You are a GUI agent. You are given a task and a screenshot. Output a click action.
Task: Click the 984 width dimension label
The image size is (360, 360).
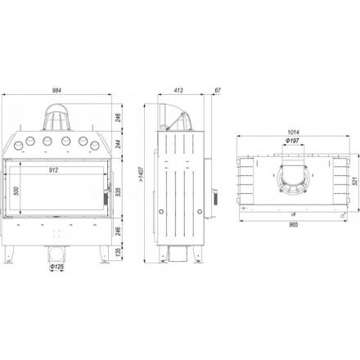[x=56, y=90]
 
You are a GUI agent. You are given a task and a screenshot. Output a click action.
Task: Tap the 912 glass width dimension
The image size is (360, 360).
[x=53, y=170]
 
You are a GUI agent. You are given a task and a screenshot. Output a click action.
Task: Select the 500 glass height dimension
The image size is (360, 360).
[x=16, y=191]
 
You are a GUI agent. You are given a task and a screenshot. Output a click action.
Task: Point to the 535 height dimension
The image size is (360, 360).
[x=118, y=192]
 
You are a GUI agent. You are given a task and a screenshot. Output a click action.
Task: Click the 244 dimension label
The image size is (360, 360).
[x=118, y=144]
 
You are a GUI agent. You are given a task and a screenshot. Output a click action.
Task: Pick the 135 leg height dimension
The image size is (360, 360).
[x=118, y=253]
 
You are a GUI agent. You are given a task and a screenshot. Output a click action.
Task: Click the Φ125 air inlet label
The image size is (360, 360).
[x=56, y=267]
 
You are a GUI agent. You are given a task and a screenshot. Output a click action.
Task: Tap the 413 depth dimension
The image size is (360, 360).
[x=178, y=90]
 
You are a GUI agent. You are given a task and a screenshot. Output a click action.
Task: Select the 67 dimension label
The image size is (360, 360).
[x=218, y=90]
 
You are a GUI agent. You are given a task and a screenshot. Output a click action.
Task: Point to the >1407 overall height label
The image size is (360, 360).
[x=141, y=174]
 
